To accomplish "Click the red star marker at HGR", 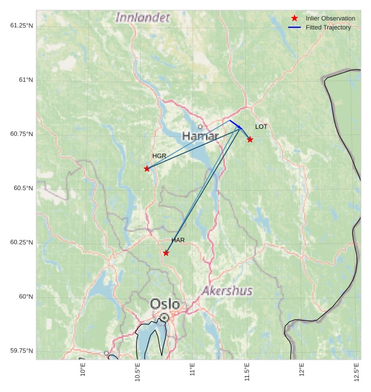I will (x=147, y=168).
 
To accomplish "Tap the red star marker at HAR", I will (x=166, y=253).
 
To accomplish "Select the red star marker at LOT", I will (x=250, y=140).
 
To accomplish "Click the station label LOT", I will (x=261, y=127).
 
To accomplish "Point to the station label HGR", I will (x=159, y=156).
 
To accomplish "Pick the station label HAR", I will (x=178, y=241).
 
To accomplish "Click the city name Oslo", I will (x=165, y=304).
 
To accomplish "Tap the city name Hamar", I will (x=200, y=136).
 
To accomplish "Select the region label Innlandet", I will (x=142, y=18).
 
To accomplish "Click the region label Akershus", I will (x=227, y=291).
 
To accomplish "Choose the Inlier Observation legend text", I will (x=330, y=19).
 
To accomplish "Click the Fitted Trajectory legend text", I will (x=328, y=27).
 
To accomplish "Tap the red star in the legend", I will (x=294, y=19).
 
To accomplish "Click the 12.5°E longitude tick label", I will (x=357, y=372).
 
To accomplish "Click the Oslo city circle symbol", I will (x=164, y=318).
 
